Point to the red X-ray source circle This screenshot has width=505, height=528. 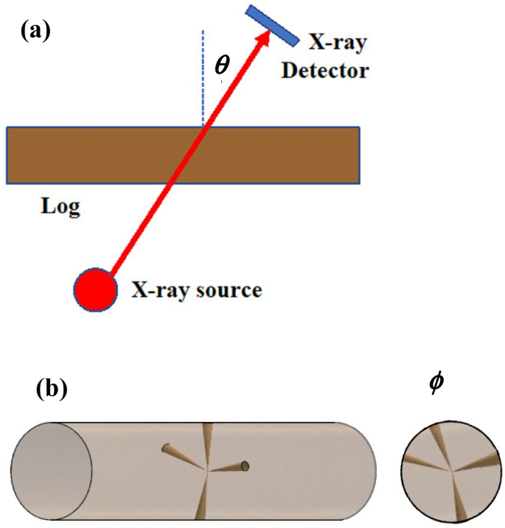click(95, 289)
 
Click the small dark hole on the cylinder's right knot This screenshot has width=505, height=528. click(246, 466)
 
